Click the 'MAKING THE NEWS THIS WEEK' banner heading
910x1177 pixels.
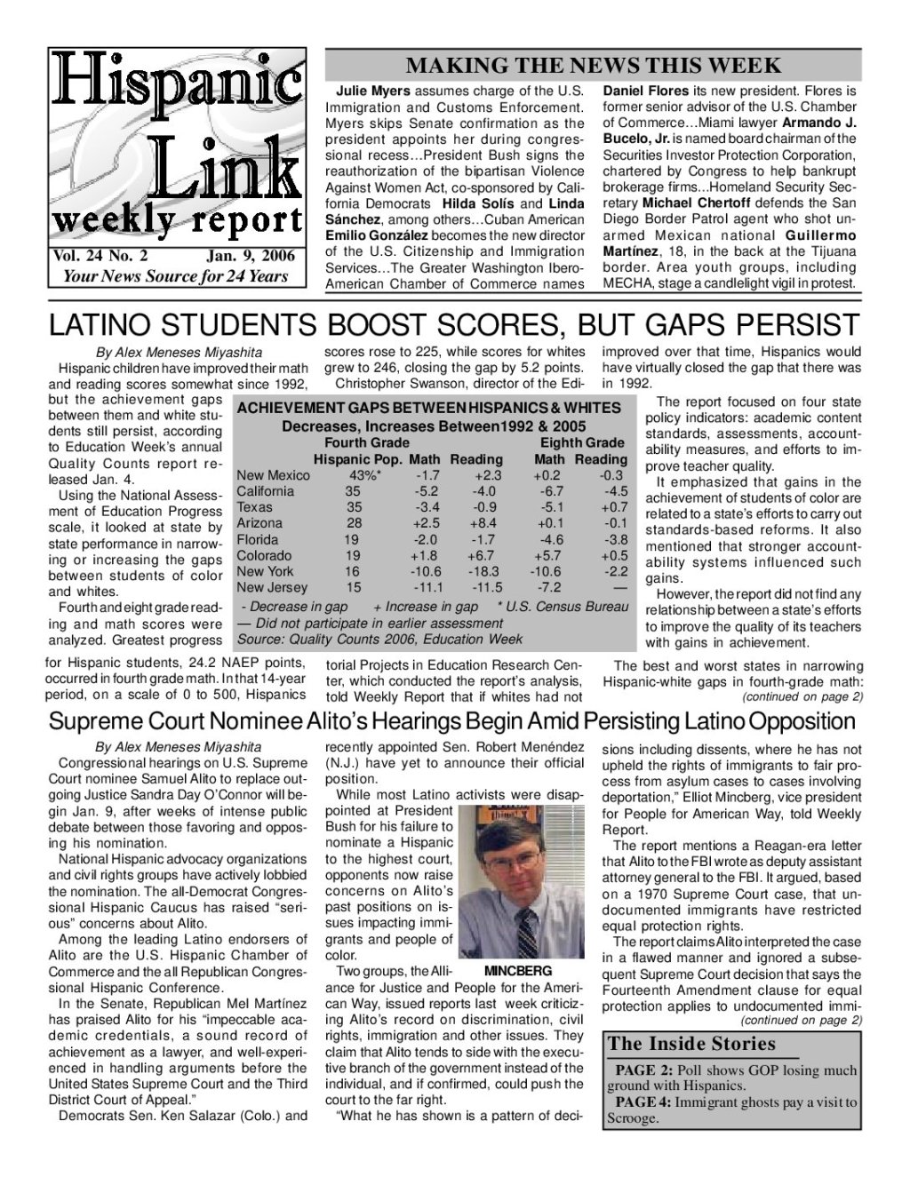(593, 65)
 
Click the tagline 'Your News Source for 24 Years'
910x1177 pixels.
(175, 275)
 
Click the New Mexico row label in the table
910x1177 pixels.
(273, 475)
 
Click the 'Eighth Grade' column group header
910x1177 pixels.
(582, 442)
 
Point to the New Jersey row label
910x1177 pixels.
(272, 587)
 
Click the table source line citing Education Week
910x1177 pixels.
(379, 639)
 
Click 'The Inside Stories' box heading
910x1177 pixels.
(691, 1044)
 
